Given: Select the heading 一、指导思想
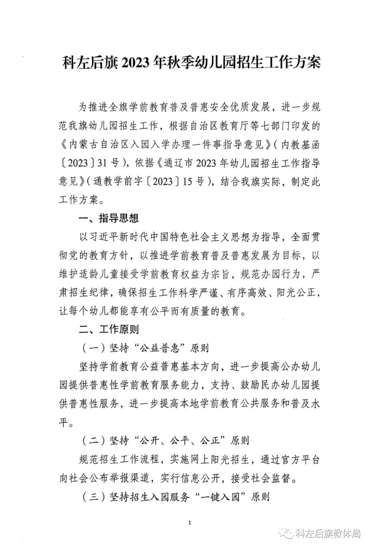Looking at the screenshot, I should tap(109, 218).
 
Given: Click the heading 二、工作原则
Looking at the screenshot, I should tap(109, 329).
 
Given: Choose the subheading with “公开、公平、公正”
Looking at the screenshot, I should tap(166, 441).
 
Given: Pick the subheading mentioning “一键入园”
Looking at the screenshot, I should tap(176, 497).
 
